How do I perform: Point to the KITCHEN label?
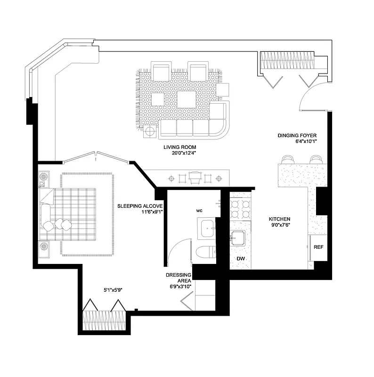(x=279, y=219)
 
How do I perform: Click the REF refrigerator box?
(x=318, y=247)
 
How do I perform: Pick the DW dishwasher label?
(x=240, y=259)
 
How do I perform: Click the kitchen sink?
(x=239, y=238)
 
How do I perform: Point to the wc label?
(x=199, y=211)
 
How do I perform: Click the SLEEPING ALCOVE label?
(x=140, y=206)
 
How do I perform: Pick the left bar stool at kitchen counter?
(x=288, y=159)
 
